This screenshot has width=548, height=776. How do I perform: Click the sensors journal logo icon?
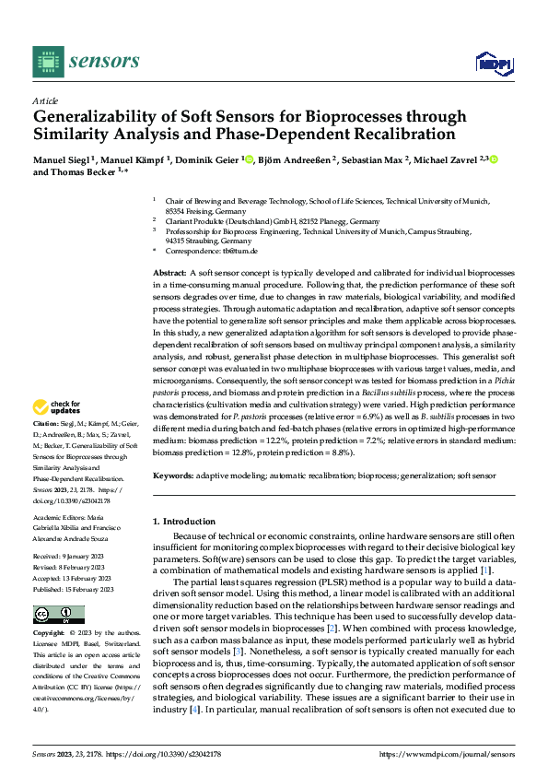[49, 61]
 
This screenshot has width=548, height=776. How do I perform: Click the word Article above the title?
[45, 100]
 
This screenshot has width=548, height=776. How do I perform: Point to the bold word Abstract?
[169, 275]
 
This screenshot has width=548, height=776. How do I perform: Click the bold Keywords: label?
[172, 476]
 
